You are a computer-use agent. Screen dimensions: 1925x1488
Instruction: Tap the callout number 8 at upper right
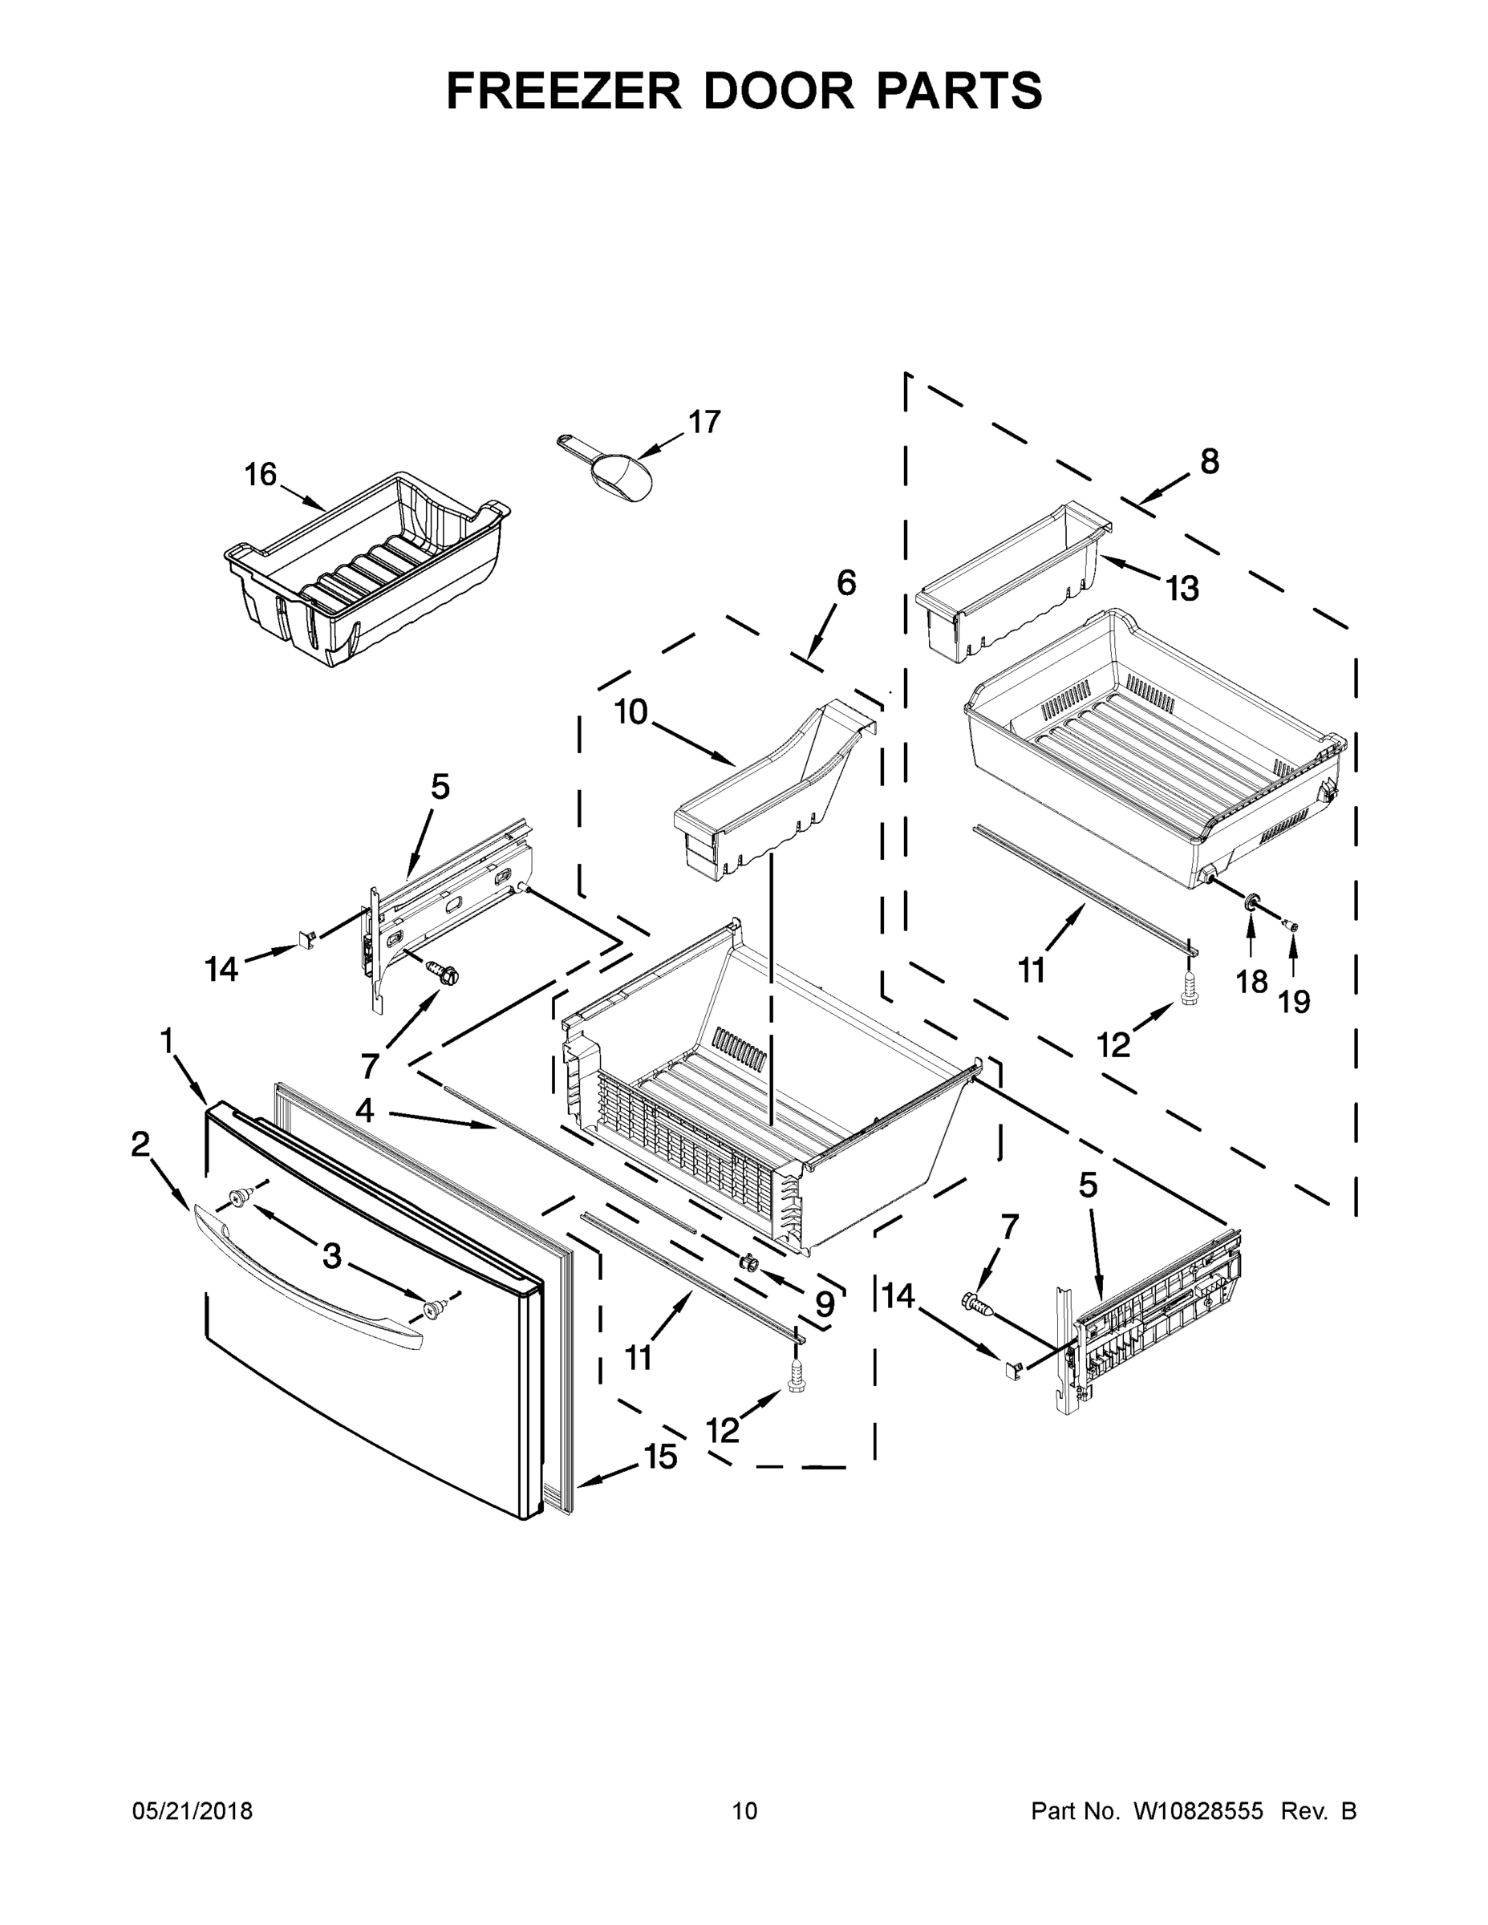[1210, 460]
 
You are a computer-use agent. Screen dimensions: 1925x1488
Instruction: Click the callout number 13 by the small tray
[1182, 588]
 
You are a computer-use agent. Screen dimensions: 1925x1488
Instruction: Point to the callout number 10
[631, 711]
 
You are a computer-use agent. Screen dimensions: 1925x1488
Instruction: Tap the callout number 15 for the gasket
[660, 1457]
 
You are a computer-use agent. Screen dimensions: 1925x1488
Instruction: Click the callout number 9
[825, 1303]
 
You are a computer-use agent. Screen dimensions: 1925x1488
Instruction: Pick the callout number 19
[1294, 1001]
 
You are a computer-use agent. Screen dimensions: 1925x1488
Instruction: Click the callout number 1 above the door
[166, 1041]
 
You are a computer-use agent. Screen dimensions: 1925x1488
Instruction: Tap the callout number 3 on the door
[331, 1256]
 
